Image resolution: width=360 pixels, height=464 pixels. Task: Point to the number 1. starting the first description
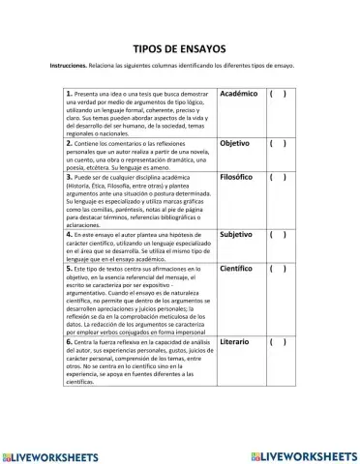71,94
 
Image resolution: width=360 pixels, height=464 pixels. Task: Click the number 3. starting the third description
71,178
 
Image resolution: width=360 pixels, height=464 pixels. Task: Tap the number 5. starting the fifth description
71,268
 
